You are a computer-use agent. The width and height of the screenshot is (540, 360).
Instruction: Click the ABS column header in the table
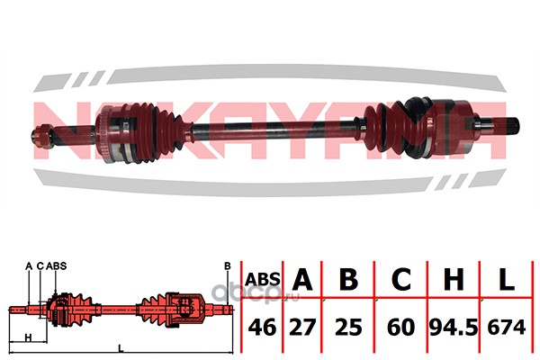coord(263,280)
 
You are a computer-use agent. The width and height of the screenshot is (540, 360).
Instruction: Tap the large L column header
coord(506,280)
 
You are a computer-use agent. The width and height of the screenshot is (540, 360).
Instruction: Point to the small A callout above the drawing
coord(29,266)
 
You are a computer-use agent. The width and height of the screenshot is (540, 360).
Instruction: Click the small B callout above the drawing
coord(228,265)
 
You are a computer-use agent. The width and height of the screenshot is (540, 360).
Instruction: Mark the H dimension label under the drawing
coord(29,337)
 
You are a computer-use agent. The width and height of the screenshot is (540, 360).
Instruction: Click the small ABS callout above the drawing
coord(58,266)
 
